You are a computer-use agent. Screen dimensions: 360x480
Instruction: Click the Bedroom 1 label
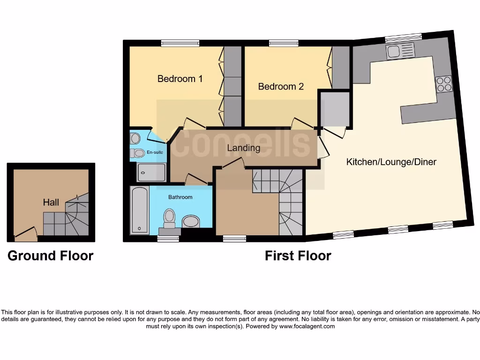180,79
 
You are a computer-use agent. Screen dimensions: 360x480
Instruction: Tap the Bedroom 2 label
281,87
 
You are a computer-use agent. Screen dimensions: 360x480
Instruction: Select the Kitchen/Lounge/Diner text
391,162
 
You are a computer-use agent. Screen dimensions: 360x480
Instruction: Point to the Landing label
243,148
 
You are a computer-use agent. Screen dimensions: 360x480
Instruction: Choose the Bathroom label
180,197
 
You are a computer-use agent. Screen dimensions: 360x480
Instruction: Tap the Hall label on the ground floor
51,202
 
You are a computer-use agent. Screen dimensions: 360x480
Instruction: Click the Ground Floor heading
51,256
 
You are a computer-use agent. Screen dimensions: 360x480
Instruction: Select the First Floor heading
298,256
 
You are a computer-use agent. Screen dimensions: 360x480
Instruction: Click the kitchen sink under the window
400,51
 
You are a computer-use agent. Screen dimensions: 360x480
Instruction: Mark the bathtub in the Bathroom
140,210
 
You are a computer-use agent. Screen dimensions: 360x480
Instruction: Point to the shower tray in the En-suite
151,172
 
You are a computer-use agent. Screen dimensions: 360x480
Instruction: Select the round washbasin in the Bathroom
191,221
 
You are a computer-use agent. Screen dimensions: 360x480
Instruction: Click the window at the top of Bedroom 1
180,43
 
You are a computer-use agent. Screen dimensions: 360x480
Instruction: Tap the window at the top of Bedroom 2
284,43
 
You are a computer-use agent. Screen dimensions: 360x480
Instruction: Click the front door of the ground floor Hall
26,233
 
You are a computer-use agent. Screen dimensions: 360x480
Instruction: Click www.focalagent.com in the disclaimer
307,327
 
